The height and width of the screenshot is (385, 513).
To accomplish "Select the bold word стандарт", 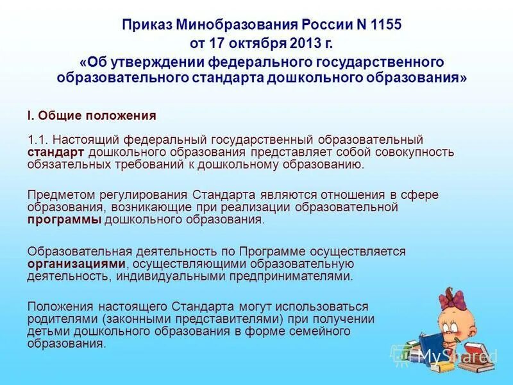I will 55,152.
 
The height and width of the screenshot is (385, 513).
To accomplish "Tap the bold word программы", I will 64,219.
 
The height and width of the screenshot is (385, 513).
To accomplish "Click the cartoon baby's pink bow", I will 448,296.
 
